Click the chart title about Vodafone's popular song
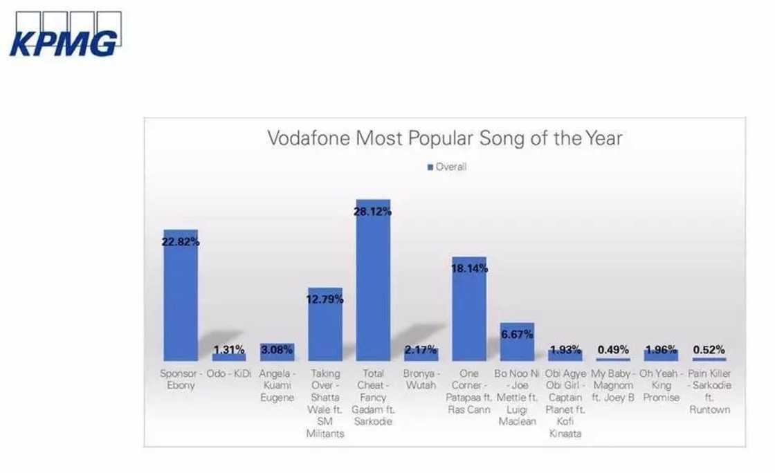[445, 138]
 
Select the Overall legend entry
[447, 167]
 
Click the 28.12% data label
[374, 212]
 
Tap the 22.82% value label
[181, 242]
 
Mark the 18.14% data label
[469, 268]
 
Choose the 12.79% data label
[325, 299]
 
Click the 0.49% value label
[613, 349]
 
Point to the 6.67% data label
[517, 335]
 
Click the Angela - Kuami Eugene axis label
[277, 386]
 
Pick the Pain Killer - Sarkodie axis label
[710, 391]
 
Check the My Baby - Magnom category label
[613, 386]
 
